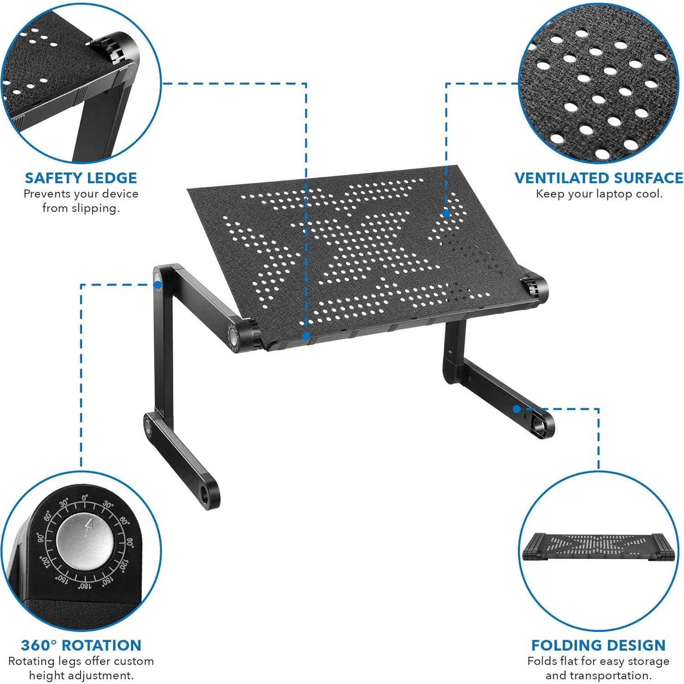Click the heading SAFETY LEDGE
click(81, 178)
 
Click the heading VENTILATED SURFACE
click(599, 178)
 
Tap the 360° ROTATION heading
click(81, 645)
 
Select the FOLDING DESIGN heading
click(598, 645)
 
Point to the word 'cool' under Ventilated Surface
click(648, 194)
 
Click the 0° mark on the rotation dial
click(85, 498)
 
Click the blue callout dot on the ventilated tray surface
click(446, 214)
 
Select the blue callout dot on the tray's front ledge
click(306, 336)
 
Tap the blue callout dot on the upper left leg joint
click(157, 285)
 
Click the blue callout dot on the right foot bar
click(516, 408)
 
